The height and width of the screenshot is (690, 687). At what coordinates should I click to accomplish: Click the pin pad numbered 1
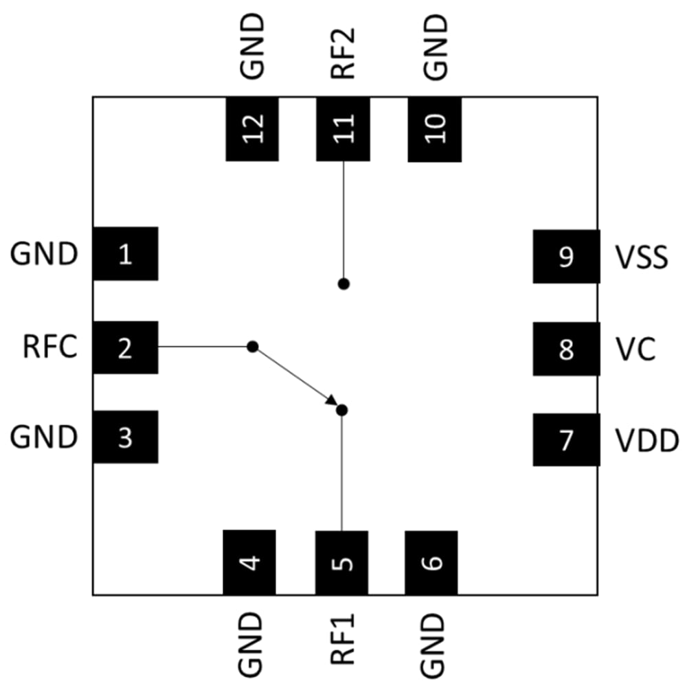point(125,254)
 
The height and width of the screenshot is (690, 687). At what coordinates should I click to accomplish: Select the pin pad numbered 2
point(125,348)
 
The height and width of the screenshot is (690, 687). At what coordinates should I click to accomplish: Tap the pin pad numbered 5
point(342,562)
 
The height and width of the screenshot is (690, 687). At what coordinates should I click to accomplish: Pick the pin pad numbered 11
point(343,128)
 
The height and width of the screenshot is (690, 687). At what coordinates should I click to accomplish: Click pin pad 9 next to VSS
point(566,257)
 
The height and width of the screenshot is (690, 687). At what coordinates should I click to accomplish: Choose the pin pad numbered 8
point(566,349)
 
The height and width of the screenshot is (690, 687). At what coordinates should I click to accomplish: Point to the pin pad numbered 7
point(566,439)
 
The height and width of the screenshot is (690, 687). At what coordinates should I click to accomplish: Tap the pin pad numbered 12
point(252,128)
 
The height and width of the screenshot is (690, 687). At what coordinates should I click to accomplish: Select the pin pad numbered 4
point(249,562)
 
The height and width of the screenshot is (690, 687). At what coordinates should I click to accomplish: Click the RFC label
point(49,348)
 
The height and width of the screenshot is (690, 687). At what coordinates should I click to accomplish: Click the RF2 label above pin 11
point(343,49)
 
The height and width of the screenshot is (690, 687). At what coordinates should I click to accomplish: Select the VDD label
point(646,440)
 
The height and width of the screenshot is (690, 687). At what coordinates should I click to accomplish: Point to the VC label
point(635,349)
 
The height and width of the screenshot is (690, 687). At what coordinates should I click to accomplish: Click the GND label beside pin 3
point(43,437)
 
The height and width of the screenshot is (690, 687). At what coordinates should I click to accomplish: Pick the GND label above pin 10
point(436,46)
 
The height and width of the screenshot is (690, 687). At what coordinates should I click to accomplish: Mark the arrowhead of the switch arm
point(331,400)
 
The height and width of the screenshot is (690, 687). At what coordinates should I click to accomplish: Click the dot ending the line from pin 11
point(343,284)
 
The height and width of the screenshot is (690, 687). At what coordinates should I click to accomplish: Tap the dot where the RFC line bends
point(252,347)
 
